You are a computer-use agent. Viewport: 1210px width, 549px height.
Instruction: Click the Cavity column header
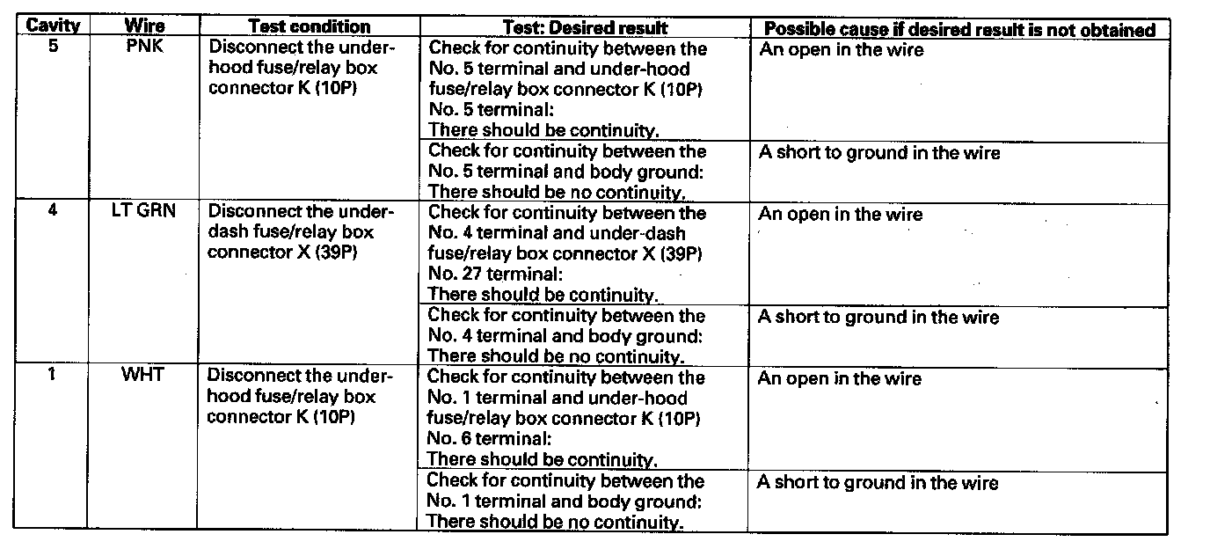point(53,26)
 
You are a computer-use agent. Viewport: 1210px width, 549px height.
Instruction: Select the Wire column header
point(145,26)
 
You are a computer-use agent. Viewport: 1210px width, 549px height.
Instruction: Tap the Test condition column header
point(310,27)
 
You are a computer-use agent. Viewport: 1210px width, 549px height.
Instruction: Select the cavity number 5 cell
point(53,47)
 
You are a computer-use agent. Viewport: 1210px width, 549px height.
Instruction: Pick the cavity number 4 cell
point(53,211)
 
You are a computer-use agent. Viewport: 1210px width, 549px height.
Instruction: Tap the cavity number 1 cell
point(53,375)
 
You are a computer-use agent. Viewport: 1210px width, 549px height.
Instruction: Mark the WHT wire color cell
point(145,376)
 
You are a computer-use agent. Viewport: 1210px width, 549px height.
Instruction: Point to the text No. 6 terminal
point(491,438)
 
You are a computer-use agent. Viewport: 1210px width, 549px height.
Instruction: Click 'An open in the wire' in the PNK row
point(841,50)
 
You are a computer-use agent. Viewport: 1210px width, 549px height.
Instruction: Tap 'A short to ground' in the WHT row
point(878,482)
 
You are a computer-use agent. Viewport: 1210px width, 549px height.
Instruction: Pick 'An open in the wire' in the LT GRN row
point(841,215)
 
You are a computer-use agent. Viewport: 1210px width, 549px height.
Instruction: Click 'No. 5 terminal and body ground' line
point(565,172)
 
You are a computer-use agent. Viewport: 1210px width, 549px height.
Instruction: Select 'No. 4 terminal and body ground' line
point(565,336)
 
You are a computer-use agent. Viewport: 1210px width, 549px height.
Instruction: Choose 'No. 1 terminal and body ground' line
point(564,501)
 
